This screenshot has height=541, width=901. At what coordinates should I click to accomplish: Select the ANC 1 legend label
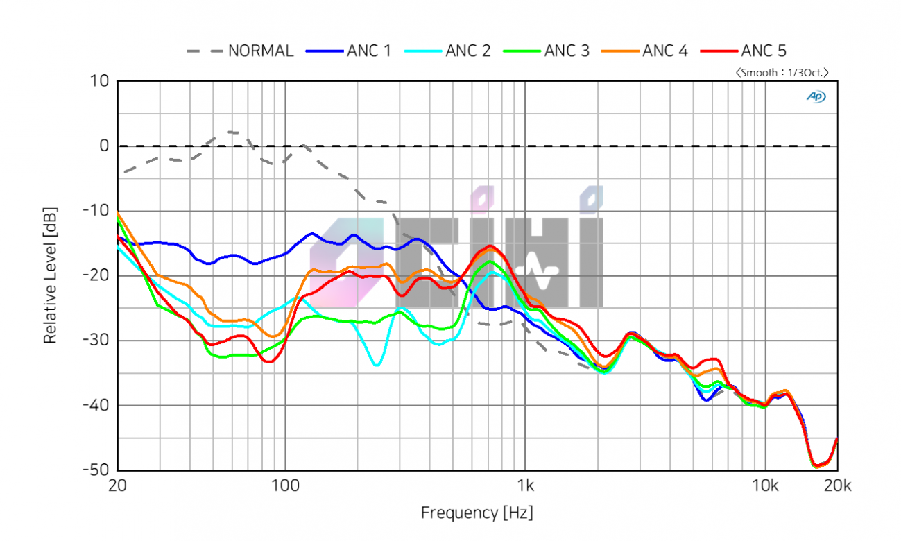[x=369, y=51]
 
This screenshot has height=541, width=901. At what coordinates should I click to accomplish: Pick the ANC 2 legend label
[x=467, y=51]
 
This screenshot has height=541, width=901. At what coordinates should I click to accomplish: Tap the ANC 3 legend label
[x=567, y=51]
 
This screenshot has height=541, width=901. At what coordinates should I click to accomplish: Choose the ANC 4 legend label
[x=665, y=51]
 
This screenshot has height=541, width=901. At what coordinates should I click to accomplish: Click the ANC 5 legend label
[x=764, y=51]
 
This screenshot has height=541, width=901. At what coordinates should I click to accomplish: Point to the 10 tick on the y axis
[x=100, y=81]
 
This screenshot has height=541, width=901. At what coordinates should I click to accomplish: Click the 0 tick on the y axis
[x=104, y=146]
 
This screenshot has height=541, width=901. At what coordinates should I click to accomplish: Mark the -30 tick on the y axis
[x=96, y=341]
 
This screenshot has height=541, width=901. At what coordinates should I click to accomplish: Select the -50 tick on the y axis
[x=96, y=470]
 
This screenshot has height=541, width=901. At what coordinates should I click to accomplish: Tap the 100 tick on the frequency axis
[x=284, y=485]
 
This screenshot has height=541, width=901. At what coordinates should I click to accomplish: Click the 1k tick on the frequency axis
[x=525, y=485]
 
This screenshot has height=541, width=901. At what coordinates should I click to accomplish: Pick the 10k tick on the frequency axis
[x=765, y=485]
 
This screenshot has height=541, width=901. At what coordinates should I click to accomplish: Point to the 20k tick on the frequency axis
[x=837, y=485]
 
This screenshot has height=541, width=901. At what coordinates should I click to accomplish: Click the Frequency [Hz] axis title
[x=477, y=513]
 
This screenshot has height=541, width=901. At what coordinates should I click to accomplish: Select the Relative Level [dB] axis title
[x=50, y=275]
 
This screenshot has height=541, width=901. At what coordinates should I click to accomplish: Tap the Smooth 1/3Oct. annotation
[x=782, y=72]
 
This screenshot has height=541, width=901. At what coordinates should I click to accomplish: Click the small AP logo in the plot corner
[x=816, y=97]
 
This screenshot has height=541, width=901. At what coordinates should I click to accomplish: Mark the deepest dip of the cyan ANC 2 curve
[x=377, y=365]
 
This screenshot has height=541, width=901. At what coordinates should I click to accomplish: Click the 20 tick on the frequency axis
[x=118, y=485]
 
